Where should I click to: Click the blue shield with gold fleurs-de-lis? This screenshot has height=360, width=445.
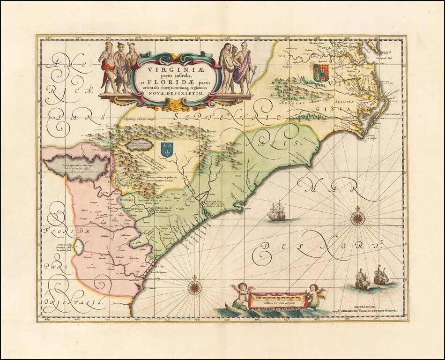[167, 150]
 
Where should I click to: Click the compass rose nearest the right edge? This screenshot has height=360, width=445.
[357, 217]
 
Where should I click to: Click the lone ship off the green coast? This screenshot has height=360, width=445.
[276, 211]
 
